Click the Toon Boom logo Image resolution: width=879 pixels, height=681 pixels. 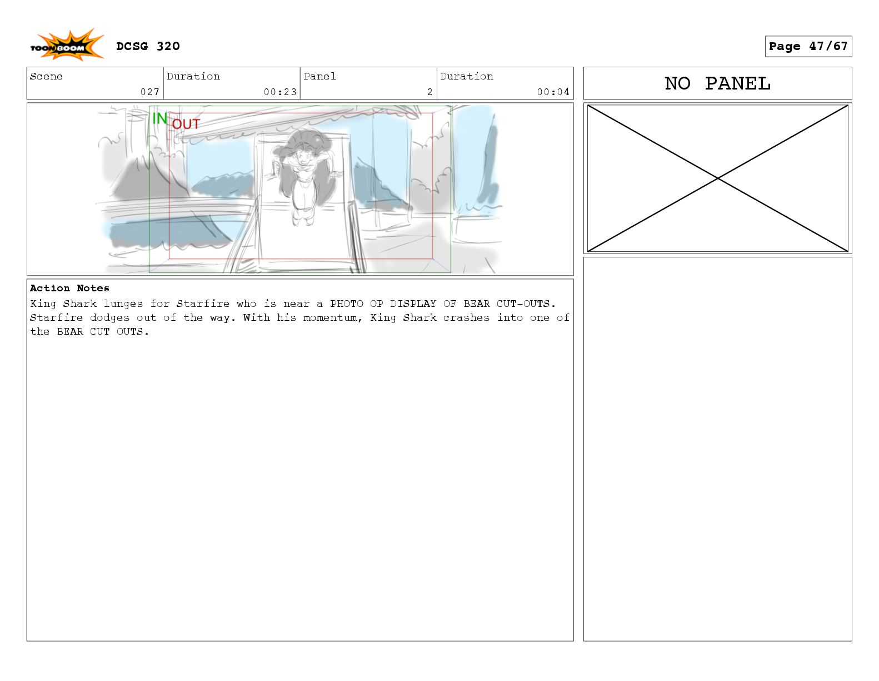pyautogui.click(x=67, y=45)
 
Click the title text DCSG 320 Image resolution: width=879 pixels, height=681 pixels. pyautogui.click(x=148, y=46)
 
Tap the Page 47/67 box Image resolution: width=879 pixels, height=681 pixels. pyautogui.click(x=808, y=46)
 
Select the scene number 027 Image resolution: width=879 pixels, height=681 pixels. pyautogui.click(x=149, y=92)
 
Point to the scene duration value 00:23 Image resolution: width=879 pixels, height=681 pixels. pyautogui.click(x=280, y=92)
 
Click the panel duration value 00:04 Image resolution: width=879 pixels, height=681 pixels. pyautogui.click(x=553, y=92)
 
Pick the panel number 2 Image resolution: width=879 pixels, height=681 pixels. pyautogui.click(x=430, y=92)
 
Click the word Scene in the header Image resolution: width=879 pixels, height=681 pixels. pyautogui.click(x=46, y=77)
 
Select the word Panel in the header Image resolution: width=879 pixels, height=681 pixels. pyautogui.click(x=319, y=77)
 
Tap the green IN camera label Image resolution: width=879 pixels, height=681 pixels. pyautogui.click(x=160, y=118)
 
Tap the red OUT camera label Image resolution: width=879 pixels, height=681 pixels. pyautogui.click(x=186, y=124)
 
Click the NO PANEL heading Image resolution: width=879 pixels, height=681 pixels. pyautogui.click(x=717, y=83)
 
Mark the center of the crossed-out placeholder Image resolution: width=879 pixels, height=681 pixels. pyautogui.click(x=718, y=178)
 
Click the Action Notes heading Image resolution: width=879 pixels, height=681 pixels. pyautogui.click(x=69, y=288)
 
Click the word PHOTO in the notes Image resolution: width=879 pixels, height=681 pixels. pyautogui.click(x=347, y=304)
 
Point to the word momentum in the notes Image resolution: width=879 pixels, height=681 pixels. pyautogui.click(x=331, y=318)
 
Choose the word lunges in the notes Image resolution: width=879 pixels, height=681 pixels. pyautogui.click(x=123, y=304)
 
